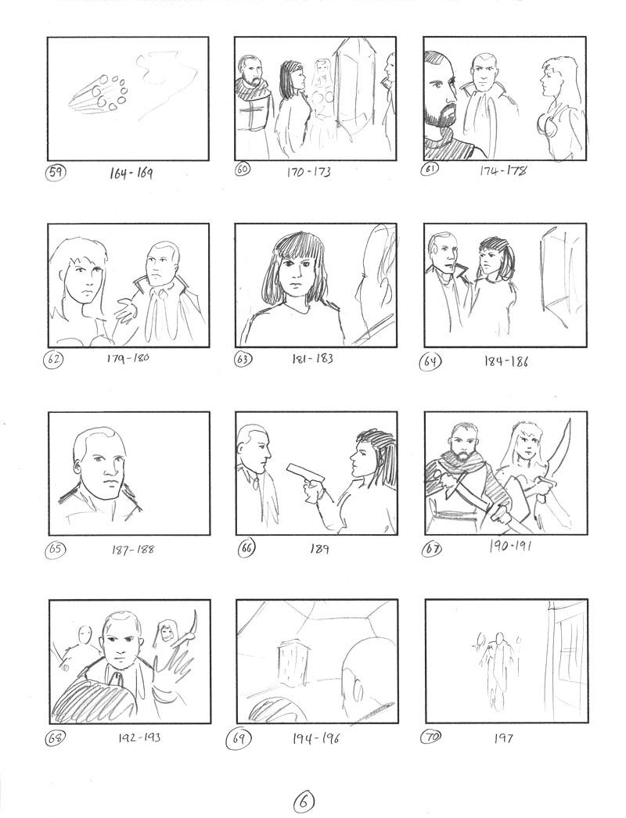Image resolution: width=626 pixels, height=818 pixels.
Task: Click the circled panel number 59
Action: click(54, 172)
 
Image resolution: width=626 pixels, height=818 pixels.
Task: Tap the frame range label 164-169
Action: click(131, 173)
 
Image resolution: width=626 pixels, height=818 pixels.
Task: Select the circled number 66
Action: click(246, 549)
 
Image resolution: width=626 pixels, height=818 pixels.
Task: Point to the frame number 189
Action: click(319, 549)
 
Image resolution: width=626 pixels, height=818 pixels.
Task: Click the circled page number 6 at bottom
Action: click(304, 801)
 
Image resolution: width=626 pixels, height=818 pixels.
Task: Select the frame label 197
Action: click(503, 738)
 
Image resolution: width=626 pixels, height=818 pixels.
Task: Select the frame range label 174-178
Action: click(503, 170)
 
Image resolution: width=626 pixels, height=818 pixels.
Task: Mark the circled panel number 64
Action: click(431, 361)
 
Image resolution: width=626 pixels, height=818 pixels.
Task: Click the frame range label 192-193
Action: click(139, 737)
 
